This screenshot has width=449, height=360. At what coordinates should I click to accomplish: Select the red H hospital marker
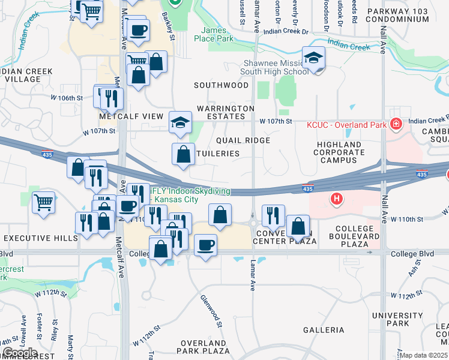click(337, 198)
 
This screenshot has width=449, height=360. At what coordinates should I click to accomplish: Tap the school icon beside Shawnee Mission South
click(313, 59)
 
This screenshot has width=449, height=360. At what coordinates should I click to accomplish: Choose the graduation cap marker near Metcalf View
click(180, 122)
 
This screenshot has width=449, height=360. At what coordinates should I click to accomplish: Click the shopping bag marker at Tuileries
click(183, 155)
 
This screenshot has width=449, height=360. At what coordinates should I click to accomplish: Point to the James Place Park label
click(217, 35)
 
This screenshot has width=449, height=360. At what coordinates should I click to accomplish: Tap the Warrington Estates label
click(226, 113)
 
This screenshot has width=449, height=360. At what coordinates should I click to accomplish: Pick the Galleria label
click(324, 330)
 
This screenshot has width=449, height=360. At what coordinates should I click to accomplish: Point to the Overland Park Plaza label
click(205, 347)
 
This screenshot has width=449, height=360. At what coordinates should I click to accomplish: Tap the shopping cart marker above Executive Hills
click(43, 203)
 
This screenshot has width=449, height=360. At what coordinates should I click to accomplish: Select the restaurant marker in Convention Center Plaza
click(273, 214)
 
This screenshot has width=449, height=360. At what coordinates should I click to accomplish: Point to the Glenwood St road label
click(212, 311)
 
